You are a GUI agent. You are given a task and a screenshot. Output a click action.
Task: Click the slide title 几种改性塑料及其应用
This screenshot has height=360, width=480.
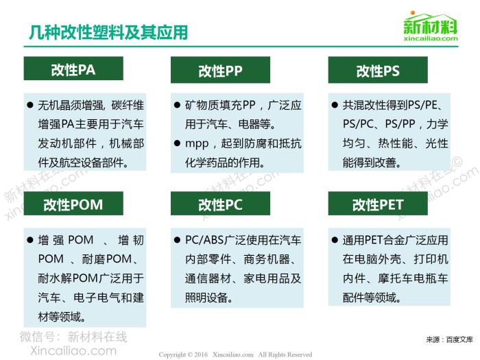point(108,32)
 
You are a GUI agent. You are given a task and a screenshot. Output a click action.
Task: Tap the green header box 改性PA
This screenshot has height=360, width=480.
point(73,69)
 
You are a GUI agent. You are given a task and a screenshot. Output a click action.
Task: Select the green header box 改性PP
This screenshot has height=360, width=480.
point(220,70)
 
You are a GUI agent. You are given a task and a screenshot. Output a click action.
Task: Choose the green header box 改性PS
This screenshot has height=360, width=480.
point(378,70)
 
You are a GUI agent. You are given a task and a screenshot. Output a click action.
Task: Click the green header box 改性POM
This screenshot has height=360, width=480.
point(73,204)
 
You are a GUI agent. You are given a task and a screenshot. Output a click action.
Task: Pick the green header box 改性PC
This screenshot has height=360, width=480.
point(220,204)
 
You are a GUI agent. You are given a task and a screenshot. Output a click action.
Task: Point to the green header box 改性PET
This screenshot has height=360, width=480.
point(378,204)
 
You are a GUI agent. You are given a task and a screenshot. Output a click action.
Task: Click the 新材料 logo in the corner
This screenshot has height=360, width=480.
point(431,23)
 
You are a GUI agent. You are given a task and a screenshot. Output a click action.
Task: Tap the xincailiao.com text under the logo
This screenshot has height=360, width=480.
point(431,38)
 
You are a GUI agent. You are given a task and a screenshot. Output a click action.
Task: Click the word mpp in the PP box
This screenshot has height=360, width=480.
point(197,144)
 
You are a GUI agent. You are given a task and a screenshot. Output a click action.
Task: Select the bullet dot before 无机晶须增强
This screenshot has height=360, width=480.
point(29,106)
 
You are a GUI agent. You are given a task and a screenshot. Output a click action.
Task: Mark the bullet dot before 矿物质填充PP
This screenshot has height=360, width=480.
point(177,106)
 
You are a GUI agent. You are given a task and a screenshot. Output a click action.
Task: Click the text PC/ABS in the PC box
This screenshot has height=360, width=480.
point(204,240)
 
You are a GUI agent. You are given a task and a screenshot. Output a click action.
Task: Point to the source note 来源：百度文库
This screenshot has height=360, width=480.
point(449,339)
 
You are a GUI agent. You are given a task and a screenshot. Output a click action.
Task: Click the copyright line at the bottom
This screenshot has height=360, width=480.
point(235,355)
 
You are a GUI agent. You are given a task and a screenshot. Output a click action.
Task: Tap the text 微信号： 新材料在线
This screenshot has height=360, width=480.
point(73,337)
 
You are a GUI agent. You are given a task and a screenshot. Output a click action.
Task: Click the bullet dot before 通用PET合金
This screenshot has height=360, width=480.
point(335,240)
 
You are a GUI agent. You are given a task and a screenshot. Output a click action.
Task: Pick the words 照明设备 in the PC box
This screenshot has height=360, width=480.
point(206,298)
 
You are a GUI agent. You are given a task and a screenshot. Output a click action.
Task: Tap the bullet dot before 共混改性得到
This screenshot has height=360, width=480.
point(335,106)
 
